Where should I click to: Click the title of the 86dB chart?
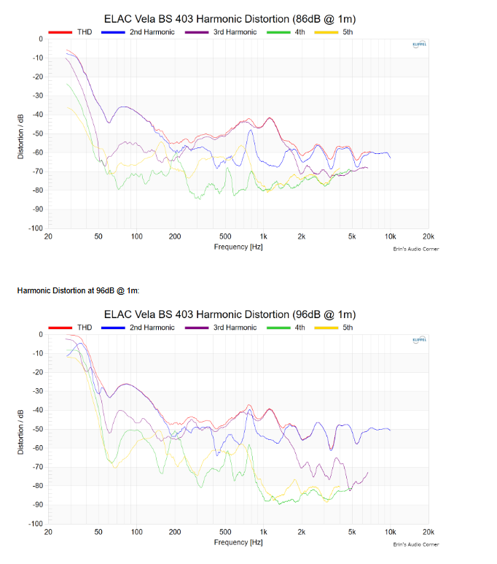pyautogui.click(x=230, y=18)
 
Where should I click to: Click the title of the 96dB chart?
pyautogui.click(x=230, y=314)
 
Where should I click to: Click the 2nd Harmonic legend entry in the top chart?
pyautogui.click(x=138, y=32)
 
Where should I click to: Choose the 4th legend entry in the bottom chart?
pyautogui.click(x=291, y=328)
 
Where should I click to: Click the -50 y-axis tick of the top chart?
pyautogui.click(x=37, y=134)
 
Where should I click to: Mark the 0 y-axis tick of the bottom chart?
pyautogui.click(x=41, y=334)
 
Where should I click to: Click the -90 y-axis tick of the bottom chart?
pyautogui.click(x=37, y=505)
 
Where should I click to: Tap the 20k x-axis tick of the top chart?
pyautogui.click(x=428, y=237)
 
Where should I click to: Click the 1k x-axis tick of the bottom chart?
pyautogui.click(x=264, y=533)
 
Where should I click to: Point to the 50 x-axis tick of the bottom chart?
pyautogui.click(x=98, y=533)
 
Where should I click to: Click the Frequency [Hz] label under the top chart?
pyautogui.click(x=238, y=247)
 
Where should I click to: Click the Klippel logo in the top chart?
pyautogui.click(x=420, y=45)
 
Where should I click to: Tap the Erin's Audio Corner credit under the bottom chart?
pyautogui.click(x=416, y=545)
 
